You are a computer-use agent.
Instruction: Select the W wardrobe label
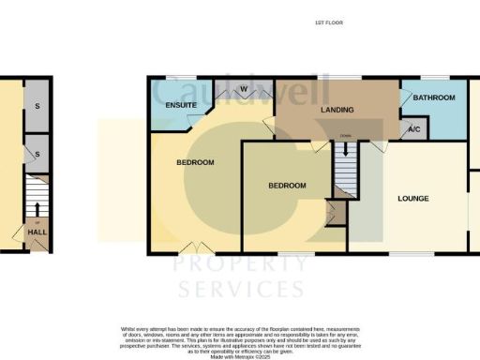tap(243, 90)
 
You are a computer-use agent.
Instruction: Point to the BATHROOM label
tap(435, 98)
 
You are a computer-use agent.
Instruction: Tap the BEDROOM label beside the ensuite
tap(195, 163)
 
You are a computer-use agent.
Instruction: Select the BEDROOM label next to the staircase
tap(287, 186)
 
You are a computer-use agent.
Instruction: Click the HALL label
tap(36, 232)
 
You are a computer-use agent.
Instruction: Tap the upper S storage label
tap(36, 105)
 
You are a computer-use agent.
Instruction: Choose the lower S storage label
tap(36, 153)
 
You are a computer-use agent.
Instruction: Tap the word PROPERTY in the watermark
tap(240, 265)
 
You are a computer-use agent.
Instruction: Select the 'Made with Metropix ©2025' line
tap(240, 356)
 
